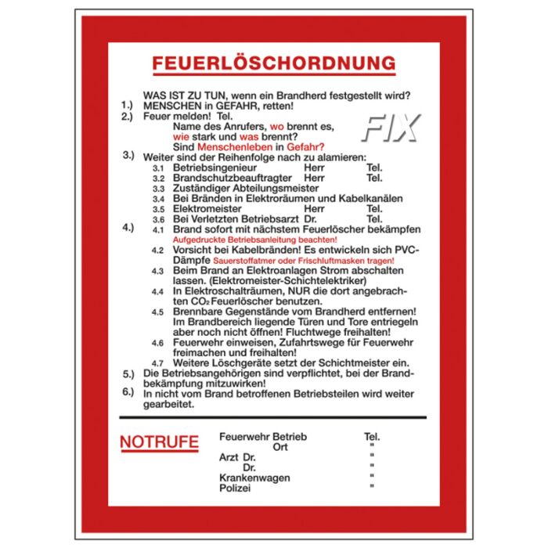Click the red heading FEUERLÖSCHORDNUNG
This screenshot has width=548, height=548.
click(x=263, y=63)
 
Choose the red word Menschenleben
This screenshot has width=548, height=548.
click(x=234, y=146)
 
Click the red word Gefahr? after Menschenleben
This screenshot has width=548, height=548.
click(x=305, y=146)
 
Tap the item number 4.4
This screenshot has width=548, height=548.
click(x=158, y=290)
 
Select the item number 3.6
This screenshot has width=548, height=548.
click(x=158, y=219)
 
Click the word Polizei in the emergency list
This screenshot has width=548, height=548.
click(x=235, y=488)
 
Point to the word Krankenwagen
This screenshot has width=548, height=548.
click(x=254, y=478)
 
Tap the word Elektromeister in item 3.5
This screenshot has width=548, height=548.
click(x=207, y=209)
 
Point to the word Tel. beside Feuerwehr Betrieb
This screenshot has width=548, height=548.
click(x=372, y=436)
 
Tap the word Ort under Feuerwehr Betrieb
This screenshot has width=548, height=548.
click(x=280, y=447)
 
